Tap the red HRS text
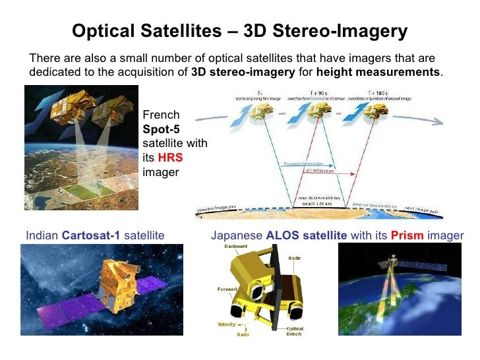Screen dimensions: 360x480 pyautogui.click(x=169, y=158)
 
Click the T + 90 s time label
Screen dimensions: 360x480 pyautogui.click(x=318, y=93)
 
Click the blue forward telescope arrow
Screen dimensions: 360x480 pyautogui.click(x=300, y=164)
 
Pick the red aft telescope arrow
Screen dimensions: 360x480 pyautogui.click(x=316, y=170)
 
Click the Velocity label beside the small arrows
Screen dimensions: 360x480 pyautogui.click(x=227, y=324)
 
